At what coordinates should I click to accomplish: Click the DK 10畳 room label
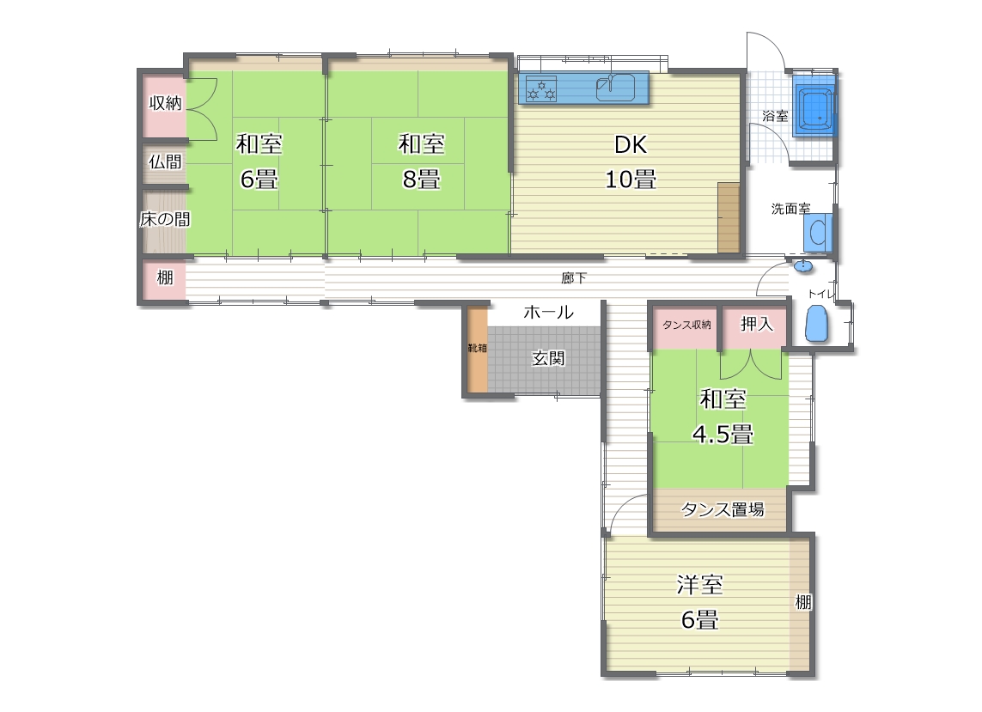(x=631, y=162)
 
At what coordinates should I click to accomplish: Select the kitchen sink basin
(x=615, y=87)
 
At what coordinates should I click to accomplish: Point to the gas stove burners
(x=541, y=88)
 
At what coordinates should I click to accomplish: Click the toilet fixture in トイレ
(x=817, y=323)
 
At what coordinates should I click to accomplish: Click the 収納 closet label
(x=165, y=103)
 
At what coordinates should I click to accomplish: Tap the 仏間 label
(x=165, y=161)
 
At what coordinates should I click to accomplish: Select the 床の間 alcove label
(x=165, y=219)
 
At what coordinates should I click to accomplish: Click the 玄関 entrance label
(x=548, y=358)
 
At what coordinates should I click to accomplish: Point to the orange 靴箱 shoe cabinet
(x=478, y=350)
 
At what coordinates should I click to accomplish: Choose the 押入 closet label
(x=757, y=324)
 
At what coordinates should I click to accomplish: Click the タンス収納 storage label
(x=686, y=325)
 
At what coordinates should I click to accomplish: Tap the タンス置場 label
(x=722, y=509)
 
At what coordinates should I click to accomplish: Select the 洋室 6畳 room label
(x=699, y=602)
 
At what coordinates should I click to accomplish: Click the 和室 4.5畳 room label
(x=723, y=416)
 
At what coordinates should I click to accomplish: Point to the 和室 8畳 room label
(x=422, y=161)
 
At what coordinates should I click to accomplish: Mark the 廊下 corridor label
(x=574, y=278)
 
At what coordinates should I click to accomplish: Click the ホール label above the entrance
(x=548, y=312)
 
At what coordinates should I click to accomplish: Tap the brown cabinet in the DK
(x=729, y=217)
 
